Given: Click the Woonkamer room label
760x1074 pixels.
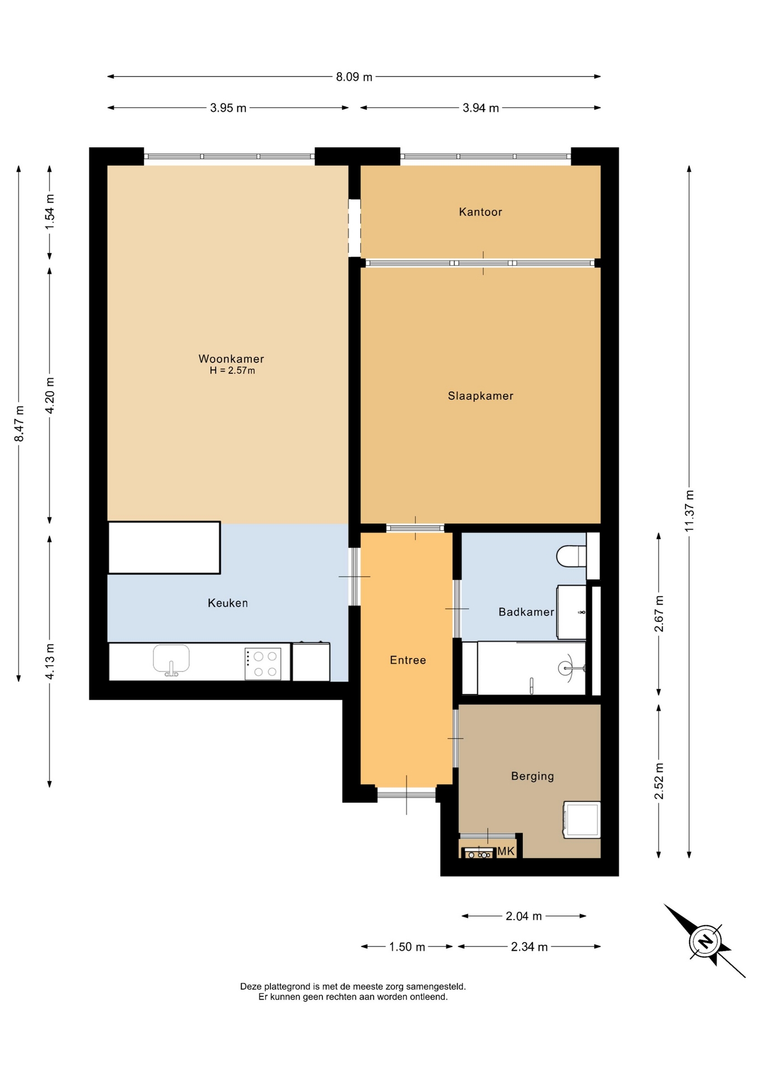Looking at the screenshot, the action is [231, 359].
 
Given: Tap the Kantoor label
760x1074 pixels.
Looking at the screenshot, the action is [480, 211].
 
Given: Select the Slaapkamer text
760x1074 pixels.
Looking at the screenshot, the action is [480, 396].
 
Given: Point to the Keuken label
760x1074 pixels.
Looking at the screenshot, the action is [227, 603].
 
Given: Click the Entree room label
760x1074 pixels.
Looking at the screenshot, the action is [408, 660].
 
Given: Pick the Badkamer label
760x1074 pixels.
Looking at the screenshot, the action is [526, 612].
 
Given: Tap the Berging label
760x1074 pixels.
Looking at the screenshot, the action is [532, 776].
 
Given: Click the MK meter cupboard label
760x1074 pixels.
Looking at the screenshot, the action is [505, 851].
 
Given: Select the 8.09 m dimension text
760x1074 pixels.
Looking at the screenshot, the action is [354, 77].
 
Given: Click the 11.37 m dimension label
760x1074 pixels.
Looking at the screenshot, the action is [689, 511].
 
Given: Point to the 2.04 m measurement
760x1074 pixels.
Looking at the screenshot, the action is [523, 916].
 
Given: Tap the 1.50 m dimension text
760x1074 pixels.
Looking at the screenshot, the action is [407, 947].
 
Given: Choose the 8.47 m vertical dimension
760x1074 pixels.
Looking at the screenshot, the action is [19, 423].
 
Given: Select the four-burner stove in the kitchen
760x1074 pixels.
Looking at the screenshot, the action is [262, 664].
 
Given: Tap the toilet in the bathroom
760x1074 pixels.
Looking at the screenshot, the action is [571, 556].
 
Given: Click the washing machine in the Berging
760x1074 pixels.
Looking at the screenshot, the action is [581, 820].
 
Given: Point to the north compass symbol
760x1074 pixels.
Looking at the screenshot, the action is [705, 941].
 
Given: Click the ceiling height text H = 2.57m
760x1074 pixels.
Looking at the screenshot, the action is [232, 371].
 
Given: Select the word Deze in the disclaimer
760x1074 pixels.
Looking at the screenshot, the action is [251, 987].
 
